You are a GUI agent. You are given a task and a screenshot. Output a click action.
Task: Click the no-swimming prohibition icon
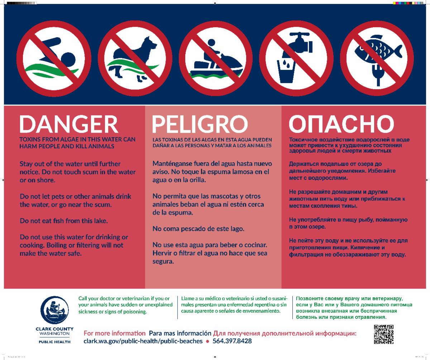[54, 58]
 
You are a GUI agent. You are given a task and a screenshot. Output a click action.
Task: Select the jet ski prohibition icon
[216, 58]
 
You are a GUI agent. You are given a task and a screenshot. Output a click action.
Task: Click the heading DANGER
[69, 124]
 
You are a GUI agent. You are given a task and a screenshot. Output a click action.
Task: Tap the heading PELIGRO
[200, 124]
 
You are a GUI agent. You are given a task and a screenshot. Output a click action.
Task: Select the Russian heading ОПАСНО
[341, 124]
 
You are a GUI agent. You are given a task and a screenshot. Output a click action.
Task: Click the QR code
[384, 335]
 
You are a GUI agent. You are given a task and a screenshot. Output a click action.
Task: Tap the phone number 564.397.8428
[232, 341]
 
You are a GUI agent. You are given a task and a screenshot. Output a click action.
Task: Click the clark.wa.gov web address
[143, 341]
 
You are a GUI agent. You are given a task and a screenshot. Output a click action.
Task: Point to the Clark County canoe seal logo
[54, 310]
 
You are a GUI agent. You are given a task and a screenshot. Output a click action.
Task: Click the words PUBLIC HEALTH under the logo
[54, 342]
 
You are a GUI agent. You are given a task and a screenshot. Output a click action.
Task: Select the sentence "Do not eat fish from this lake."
[64, 221]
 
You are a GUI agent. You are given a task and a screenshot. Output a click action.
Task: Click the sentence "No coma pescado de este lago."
[198, 229]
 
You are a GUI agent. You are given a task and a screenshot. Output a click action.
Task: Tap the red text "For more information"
[115, 333]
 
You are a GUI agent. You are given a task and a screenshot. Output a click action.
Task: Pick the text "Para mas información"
[180, 333]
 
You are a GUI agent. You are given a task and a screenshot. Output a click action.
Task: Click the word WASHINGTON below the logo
[54, 333]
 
